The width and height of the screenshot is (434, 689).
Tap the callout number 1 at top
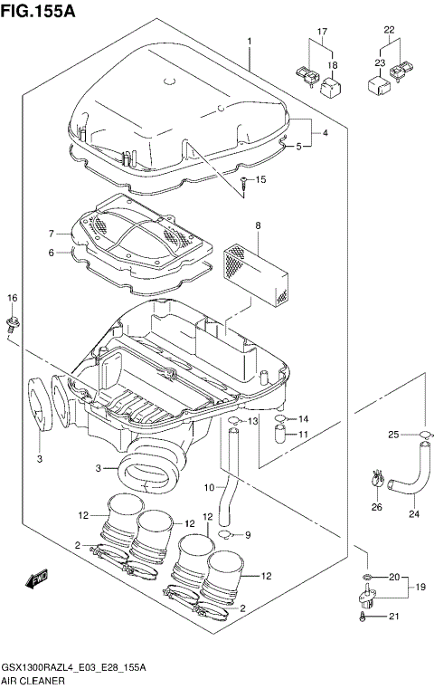point(248,42)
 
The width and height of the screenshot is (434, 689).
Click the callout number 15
point(260,180)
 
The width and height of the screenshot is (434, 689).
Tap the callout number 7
point(52,234)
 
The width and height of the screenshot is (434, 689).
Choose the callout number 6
point(52,253)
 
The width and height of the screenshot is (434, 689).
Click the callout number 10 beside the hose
point(209,488)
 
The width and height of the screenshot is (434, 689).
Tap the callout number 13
point(253,421)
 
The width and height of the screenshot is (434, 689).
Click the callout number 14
point(304,418)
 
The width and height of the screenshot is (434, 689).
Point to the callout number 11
point(304,435)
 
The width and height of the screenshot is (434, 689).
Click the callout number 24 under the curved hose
point(414,515)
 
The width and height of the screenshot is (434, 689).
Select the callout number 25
point(393,435)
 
